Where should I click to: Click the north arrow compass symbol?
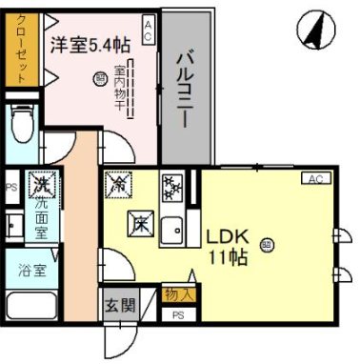coord(317,30)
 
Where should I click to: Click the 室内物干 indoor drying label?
coord(120,87)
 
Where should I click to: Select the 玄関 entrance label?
coord(120,307)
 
